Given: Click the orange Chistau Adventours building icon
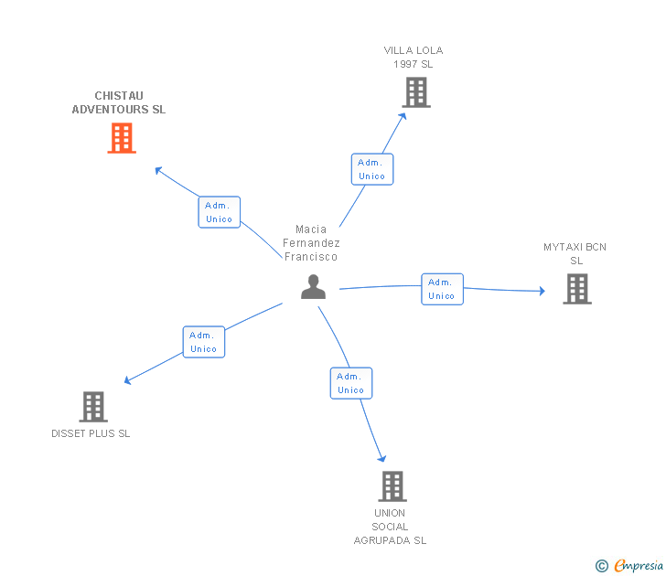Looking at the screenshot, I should tap(122, 137).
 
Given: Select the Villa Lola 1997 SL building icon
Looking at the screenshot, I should tap(416, 92).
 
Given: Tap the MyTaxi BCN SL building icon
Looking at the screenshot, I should tap(576, 289).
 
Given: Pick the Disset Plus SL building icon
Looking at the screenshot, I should tap(93, 406).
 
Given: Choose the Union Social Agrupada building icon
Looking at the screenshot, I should tap(392, 485).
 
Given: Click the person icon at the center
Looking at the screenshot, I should tap(313, 287).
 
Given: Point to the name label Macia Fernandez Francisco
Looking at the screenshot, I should tap(311, 243).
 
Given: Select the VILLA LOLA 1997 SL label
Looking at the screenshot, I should tap(414, 57).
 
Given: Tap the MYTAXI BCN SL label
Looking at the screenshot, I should tap(575, 253).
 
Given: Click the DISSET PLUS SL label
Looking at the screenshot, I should tap(91, 433).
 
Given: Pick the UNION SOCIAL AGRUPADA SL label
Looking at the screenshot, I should tap(391, 527).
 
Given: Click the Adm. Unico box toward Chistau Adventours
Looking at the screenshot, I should tap(220, 212).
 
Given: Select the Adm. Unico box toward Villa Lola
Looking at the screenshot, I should tap(372, 169).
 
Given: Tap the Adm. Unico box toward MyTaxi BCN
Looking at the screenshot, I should tap(442, 289).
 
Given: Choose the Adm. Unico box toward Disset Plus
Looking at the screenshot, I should tap(203, 342).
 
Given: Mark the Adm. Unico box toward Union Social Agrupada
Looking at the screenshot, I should tap(351, 383).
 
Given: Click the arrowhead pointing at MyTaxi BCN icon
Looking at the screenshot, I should tap(541, 292).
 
